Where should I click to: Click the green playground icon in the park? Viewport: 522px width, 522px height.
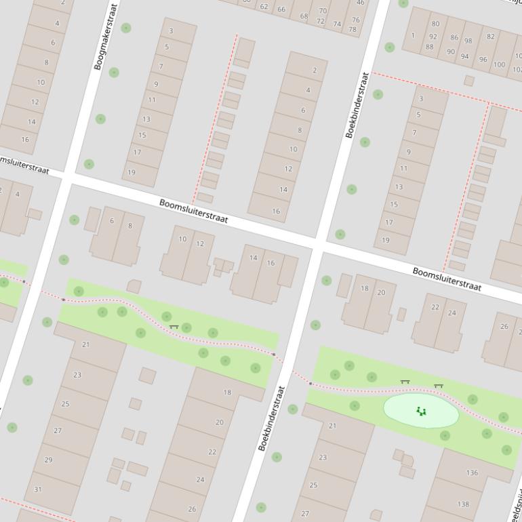[x=421, y=411]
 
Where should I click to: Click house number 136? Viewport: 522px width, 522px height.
[x=472, y=473]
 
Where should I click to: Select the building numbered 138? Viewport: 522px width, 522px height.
[x=463, y=504]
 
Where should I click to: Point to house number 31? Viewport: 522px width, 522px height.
[x=37, y=489]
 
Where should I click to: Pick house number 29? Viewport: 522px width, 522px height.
[x=48, y=460]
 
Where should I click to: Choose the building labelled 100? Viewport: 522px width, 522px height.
[x=499, y=65]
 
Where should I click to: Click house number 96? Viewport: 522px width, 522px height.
[x=483, y=59]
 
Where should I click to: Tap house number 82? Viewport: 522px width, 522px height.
[x=490, y=37]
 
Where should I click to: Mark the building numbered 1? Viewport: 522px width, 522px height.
[x=413, y=35]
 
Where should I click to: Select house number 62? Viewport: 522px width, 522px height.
[x=264, y=7]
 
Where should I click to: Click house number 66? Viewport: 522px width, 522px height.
[x=281, y=9]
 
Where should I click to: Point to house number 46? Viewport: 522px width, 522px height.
[x=360, y=3]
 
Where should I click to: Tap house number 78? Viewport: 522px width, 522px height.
[x=353, y=29]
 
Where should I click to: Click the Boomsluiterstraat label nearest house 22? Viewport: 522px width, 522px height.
[x=447, y=279]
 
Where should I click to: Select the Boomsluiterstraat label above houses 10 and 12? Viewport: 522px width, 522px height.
[x=194, y=211]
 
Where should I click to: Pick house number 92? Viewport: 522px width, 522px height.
[x=433, y=36]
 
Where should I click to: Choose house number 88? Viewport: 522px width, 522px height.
[x=429, y=47]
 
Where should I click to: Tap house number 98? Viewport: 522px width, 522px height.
[x=468, y=41]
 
